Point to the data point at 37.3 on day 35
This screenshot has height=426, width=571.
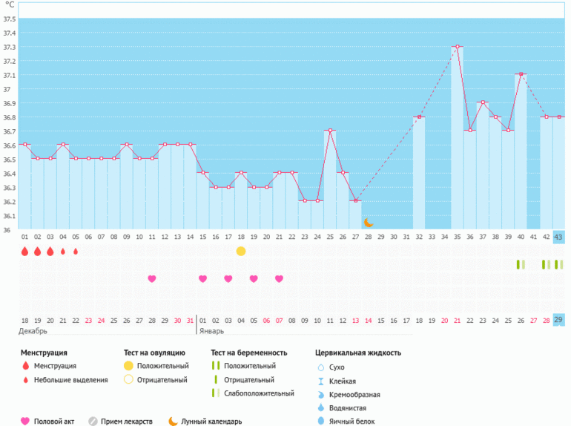click(x=458, y=47)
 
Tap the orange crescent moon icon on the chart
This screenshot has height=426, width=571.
click(x=368, y=222)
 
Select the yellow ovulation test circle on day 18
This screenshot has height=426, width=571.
click(x=241, y=251)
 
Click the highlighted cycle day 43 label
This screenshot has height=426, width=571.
click(x=558, y=237)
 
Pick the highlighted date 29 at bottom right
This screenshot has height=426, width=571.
click(x=558, y=320)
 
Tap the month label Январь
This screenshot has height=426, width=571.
click(x=211, y=330)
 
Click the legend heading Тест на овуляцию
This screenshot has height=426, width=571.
click(x=156, y=353)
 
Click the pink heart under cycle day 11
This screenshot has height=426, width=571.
click(x=152, y=279)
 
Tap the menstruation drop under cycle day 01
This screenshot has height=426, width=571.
click(x=24, y=252)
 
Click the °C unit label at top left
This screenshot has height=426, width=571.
click(x=10, y=4)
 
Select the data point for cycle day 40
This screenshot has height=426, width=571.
click(x=521, y=74)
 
